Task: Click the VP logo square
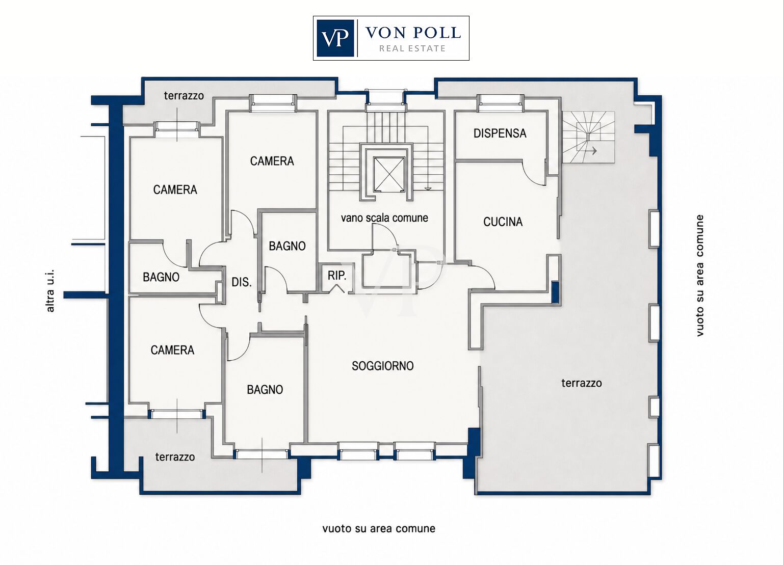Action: tap(335, 38)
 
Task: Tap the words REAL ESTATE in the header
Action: tap(412, 48)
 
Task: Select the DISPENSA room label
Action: tap(500, 133)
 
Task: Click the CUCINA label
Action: tap(503, 222)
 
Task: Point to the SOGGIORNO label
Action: tap(382, 366)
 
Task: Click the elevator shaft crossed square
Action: tap(389, 174)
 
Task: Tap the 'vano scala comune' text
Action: tap(384, 218)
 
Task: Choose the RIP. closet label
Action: tap(336, 276)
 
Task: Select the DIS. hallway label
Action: tap(242, 282)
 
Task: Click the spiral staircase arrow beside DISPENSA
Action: tap(592, 151)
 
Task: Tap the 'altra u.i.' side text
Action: tap(50, 290)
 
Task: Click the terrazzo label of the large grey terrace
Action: tap(582, 383)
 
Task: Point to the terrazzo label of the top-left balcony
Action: tap(184, 95)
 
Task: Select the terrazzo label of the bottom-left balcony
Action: tap(175, 456)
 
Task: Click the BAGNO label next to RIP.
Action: tap(287, 246)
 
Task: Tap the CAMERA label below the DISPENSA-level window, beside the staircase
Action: tap(272, 161)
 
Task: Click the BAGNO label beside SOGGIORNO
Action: tap(265, 390)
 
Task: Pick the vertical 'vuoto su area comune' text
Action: tap(699, 276)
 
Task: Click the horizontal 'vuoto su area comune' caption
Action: tap(379, 528)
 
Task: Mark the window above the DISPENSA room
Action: tap(501, 99)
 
